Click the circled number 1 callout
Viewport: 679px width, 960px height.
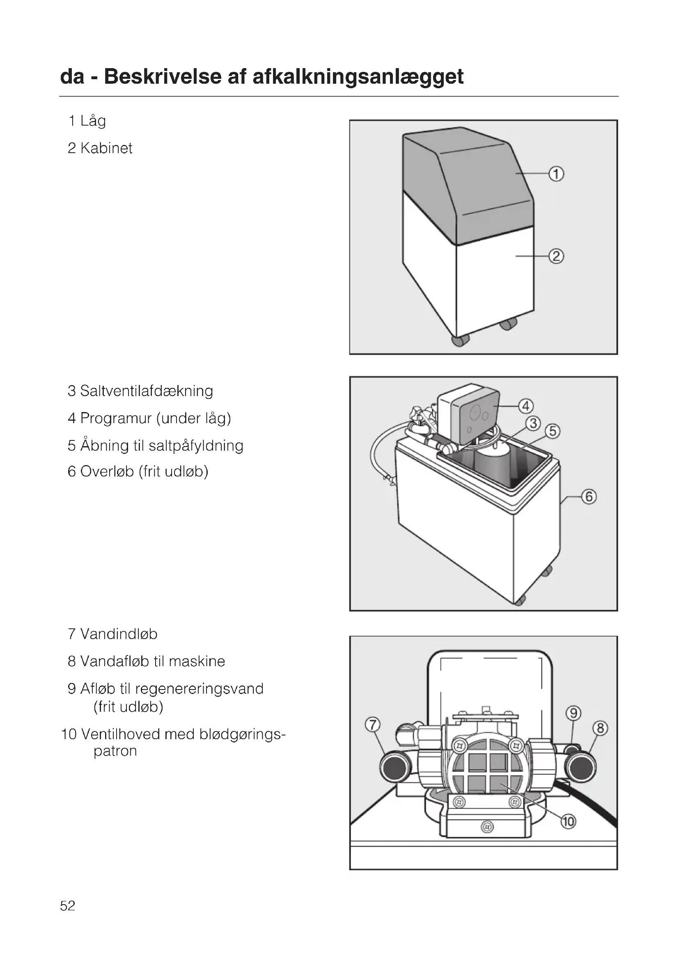click(x=556, y=174)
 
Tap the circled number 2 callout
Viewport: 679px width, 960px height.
click(x=556, y=256)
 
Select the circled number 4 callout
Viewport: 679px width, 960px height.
click(x=525, y=406)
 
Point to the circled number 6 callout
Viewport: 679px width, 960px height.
click(x=589, y=497)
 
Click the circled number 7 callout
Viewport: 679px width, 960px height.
click(x=372, y=724)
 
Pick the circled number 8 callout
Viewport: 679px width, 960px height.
click(x=600, y=729)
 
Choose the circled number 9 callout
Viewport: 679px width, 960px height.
click(x=573, y=713)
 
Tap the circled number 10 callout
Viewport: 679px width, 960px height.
click(x=568, y=822)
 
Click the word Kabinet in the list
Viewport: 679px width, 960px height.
click(x=106, y=148)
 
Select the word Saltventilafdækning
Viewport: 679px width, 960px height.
click(x=146, y=391)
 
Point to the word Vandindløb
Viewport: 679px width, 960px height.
click(x=119, y=634)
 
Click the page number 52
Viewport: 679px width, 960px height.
click(x=68, y=906)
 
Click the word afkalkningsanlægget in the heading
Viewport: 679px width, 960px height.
click(x=358, y=77)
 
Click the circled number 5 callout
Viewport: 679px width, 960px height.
click(x=552, y=431)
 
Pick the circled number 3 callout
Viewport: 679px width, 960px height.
click(x=533, y=424)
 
